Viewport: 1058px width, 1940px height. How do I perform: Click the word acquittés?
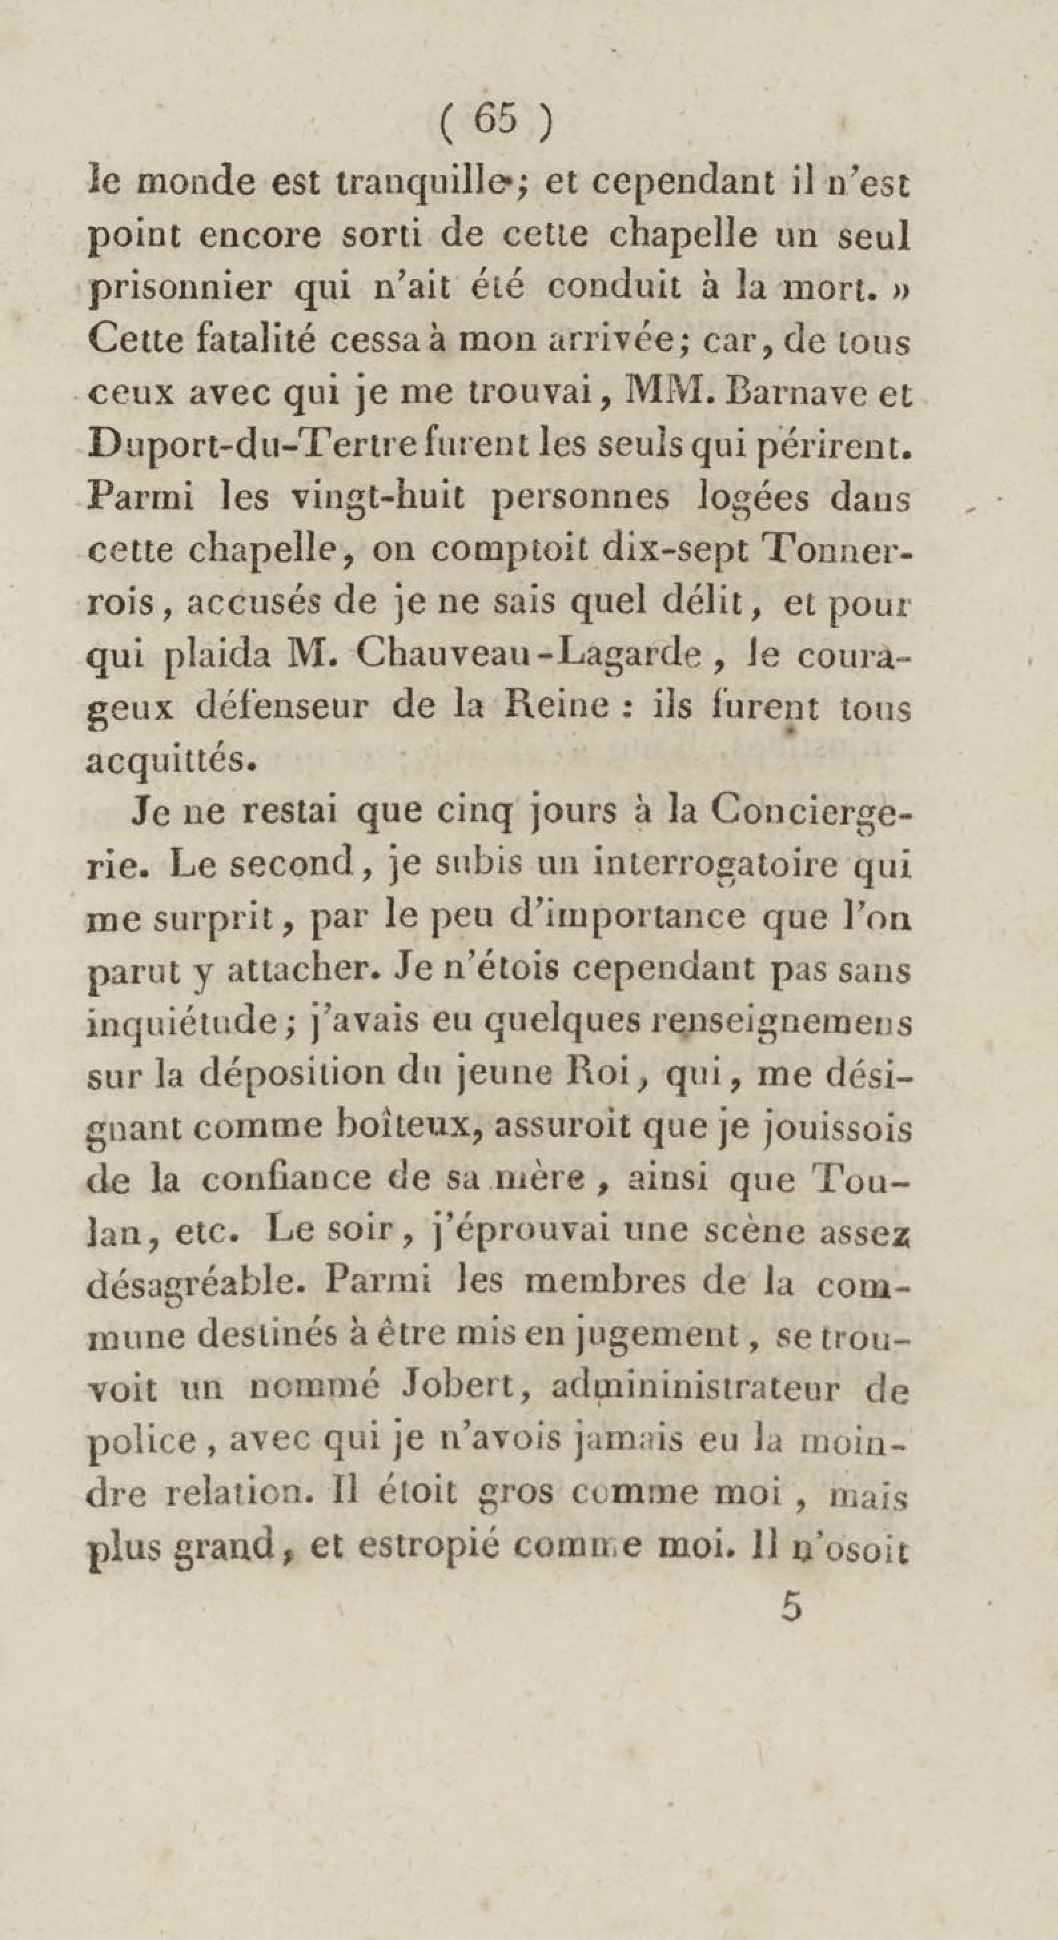167,761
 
